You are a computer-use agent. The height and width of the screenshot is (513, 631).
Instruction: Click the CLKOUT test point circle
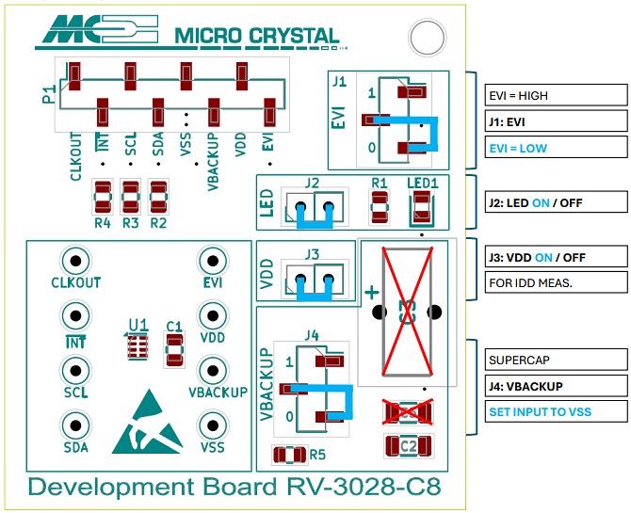click(75, 261)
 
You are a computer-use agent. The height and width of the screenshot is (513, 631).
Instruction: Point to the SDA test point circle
click(75, 425)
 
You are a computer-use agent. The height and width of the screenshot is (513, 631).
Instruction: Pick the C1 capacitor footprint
click(173, 349)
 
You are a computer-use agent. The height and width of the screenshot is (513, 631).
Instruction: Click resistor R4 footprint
click(103, 198)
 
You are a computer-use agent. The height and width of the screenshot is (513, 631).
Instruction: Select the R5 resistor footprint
click(285, 456)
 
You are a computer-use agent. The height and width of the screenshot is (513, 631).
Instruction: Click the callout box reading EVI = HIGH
click(554, 95)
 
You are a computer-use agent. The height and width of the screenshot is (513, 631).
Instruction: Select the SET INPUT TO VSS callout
click(554, 411)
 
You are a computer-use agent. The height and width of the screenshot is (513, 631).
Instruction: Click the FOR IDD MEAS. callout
click(554, 281)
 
